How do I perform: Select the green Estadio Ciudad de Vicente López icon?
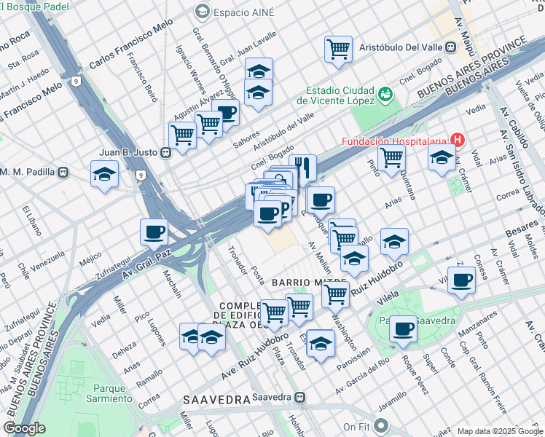[x=385, y=95]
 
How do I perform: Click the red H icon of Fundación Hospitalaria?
[x=458, y=139]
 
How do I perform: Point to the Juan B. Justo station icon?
[x=166, y=152]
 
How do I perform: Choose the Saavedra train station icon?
[x=299, y=398]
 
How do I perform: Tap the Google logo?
[x=25, y=428]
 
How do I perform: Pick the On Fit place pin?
[x=380, y=426]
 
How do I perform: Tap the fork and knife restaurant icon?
[x=302, y=168]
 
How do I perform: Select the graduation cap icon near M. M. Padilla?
[x=105, y=173]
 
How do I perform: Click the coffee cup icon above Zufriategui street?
[x=154, y=232]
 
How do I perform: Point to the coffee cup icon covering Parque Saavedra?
[x=403, y=328]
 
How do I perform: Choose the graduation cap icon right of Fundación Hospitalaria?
[x=442, y=157]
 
